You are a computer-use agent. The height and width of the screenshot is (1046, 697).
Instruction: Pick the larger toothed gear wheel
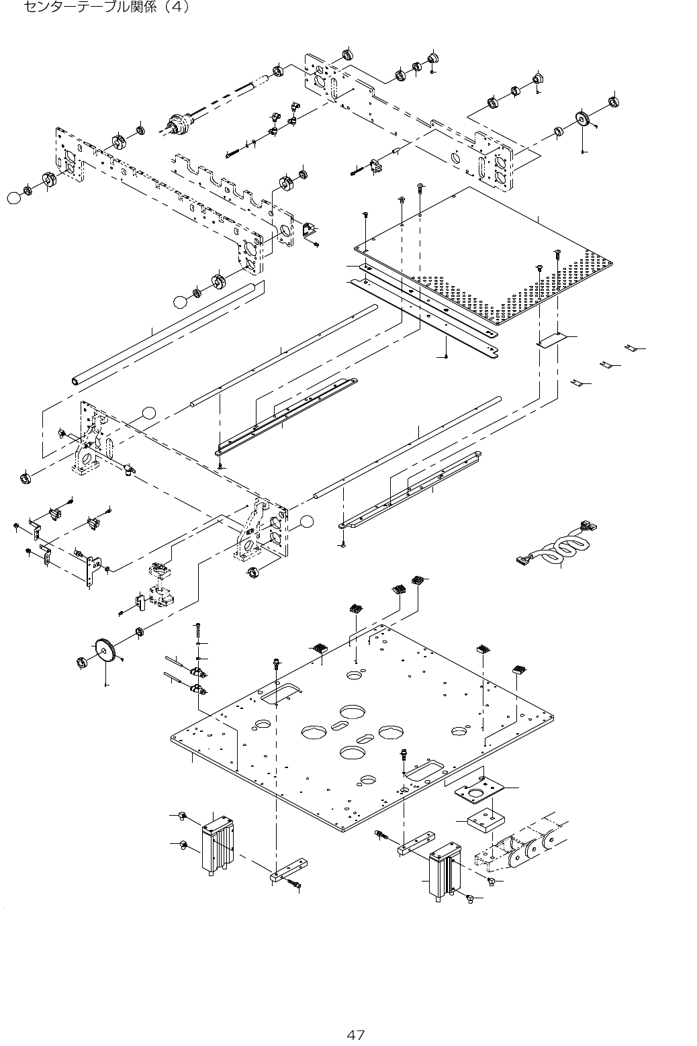pyautogui.click(x=107, y=650)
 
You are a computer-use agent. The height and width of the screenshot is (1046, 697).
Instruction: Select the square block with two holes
pyautogui.click(x=485, y=820)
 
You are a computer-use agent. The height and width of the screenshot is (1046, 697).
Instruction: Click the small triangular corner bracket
pyautogui.click(x=310, y=230)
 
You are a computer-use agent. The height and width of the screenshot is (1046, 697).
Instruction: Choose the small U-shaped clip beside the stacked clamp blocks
pyautogui.click(x=140, y=602)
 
